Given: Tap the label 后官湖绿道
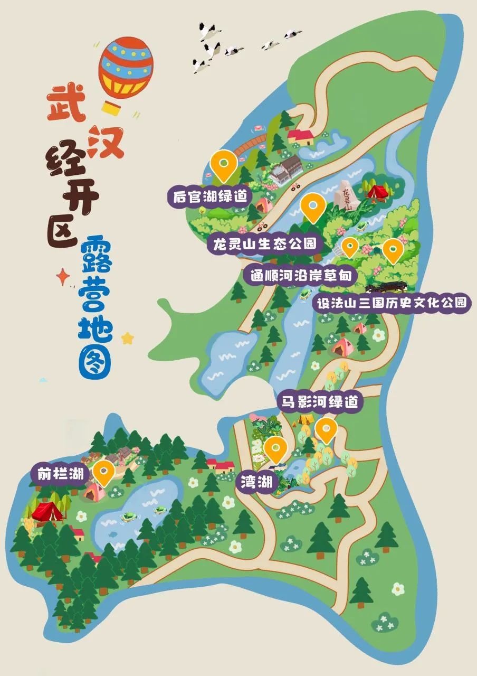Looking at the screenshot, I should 210,196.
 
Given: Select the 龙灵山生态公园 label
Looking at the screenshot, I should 265,243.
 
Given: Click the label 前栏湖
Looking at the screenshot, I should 61,474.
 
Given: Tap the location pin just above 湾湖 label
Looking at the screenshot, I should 275,449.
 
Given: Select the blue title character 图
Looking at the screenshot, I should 96,360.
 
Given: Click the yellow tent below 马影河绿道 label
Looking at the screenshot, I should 304,419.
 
